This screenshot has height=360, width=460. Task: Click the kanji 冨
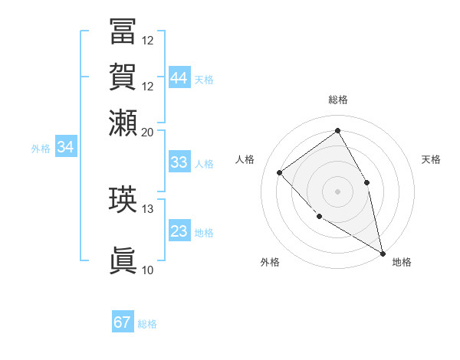click(123, 31)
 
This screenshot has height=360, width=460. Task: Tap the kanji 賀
click(123, 77)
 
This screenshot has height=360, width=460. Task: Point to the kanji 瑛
click(123, 199)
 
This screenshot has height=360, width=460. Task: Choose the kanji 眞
click(123, 260)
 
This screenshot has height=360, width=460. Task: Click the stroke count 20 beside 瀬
click(147, 132)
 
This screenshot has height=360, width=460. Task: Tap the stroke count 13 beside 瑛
click(147, 208)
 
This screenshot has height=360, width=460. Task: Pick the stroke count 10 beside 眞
click(147, 270)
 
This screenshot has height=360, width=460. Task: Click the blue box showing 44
click(179, 78)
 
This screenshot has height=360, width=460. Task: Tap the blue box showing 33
click(179, 162)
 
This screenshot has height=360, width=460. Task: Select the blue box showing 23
click(179, 231)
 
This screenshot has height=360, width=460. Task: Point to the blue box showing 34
click(65, 148)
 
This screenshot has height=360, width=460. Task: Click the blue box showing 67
click(123, 322)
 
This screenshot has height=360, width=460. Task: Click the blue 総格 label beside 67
click(147, 324)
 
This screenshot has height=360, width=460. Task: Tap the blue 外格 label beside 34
click(41, 149)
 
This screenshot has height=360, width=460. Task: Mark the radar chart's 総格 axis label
click(337, 100)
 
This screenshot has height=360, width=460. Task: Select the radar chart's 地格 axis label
click(402, 262)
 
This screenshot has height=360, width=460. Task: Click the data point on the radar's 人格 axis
click(280, 172)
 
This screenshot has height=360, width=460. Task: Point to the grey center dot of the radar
click(337, 191)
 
